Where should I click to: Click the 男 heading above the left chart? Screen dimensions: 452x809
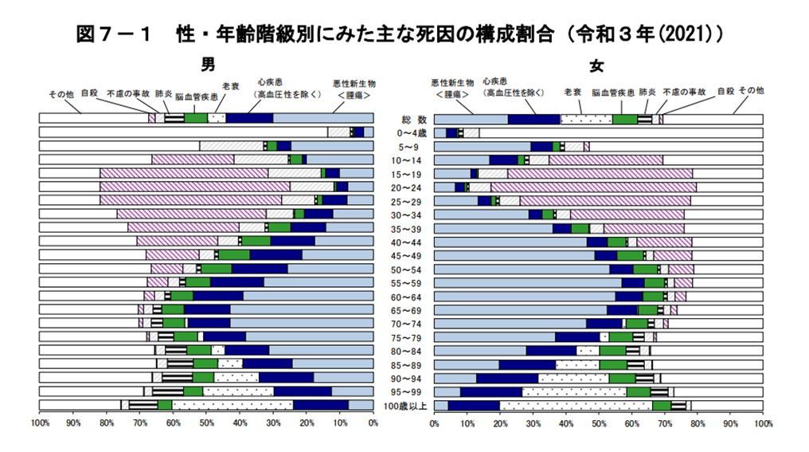(208, 64)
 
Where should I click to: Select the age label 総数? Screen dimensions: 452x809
(404, 119)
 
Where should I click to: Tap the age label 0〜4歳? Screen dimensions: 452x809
(404, 132)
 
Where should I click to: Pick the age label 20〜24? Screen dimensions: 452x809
(404, 187)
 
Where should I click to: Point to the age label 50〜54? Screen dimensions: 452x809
(404, 269)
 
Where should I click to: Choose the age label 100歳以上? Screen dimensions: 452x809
(404, 406)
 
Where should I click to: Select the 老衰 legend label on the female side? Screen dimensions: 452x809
(573, 92)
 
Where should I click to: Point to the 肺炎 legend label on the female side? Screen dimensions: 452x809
(647, 92)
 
